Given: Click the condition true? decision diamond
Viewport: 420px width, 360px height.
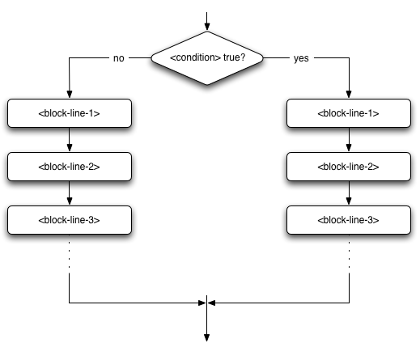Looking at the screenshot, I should point(208,58).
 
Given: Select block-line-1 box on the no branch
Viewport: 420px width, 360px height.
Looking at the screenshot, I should point(69,113).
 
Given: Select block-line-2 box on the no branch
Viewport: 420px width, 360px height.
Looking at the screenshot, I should point(69,166).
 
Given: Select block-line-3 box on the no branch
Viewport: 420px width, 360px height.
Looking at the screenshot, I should point(69,219).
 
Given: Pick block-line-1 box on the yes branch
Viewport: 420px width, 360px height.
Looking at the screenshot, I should point(349,113).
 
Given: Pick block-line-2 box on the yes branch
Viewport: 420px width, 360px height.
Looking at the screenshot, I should point(349,166).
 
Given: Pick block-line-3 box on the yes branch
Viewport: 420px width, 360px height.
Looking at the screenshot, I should point(349,219).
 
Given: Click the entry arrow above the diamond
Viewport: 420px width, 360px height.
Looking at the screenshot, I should point(208,20).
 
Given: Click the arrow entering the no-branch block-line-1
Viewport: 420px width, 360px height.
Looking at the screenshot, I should point(69,81).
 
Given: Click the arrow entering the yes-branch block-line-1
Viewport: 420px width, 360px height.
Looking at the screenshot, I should point(349,81).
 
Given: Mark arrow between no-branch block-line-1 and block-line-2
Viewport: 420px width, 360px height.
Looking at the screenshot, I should point(69,140).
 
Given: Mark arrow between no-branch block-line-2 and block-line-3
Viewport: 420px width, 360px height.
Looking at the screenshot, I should point(69,193).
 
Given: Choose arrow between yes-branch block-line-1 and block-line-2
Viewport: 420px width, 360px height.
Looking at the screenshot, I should point(349,140).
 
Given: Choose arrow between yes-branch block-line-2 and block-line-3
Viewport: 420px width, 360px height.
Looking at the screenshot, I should point(349,193).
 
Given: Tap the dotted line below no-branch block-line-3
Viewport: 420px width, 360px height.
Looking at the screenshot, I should point(69,254).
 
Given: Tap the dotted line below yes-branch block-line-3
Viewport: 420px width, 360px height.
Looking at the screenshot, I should point(349,254).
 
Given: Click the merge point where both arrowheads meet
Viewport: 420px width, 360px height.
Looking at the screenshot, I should point(208,303).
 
